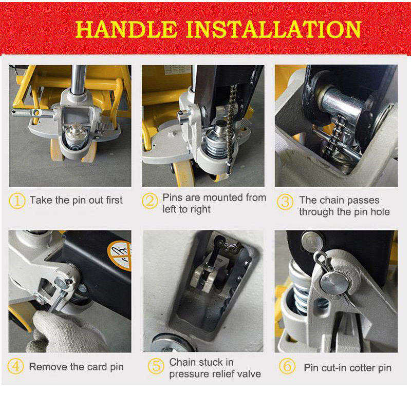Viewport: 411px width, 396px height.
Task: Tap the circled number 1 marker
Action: pyautogui.click(x=17, y=200)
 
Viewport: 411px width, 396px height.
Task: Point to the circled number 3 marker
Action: pyautogui.click(x=285, y=201)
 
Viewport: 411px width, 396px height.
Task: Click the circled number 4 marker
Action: pyautogui.click(x=17, y=366)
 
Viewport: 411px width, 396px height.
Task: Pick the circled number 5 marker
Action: pyautogui.click(x=156, y=366)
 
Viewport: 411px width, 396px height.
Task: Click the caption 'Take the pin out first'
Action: pyautogui.click(x=76, y=200)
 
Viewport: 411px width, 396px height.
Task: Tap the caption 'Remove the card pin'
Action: pyautogui.click(x=76, y=367)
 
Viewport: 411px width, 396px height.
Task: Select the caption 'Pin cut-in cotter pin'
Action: pyautogui.click(x=347, y=368)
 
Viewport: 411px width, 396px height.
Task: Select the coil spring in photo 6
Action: pyautogui.click(x=300, y=292)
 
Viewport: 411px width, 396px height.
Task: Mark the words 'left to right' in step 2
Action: pyautogui.click(x=186, y=210)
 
